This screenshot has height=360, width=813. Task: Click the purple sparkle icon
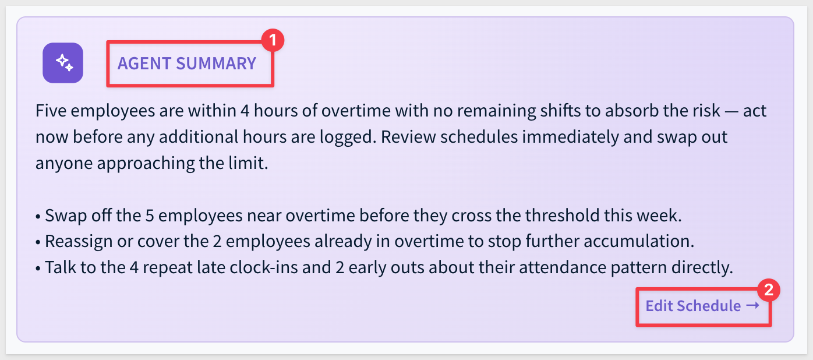coord(63,63)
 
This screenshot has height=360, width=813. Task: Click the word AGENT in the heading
coord(144,63)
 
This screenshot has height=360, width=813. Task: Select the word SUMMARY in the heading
coord(216,63)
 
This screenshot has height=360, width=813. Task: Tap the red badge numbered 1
coord(273,40)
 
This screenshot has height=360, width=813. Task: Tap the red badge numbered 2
coord(768,290)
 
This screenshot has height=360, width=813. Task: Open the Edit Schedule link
coord(703,306)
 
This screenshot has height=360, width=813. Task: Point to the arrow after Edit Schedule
coord(753,306)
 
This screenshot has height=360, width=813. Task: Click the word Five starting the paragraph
coord(51,110)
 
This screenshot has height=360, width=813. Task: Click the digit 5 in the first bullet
coord(150,216)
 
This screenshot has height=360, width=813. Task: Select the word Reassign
coord(79,242)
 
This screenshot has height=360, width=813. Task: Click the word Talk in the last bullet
coord(61,267)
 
